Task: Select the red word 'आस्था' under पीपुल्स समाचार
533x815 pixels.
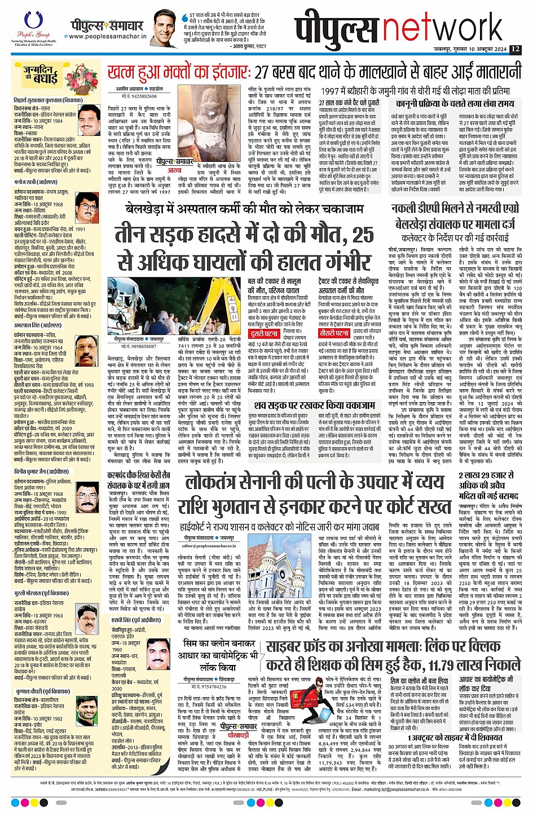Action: [x=174, y=170]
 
